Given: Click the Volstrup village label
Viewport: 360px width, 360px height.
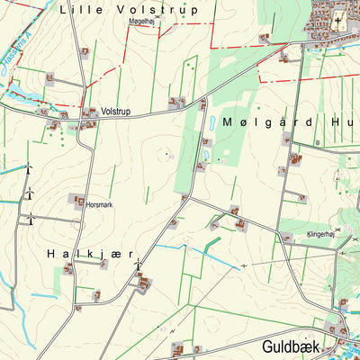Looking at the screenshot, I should coord(116,112).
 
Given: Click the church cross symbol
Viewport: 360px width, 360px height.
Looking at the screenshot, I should coord(339,21).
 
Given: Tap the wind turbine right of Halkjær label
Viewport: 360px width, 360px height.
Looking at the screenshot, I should coord(138,265).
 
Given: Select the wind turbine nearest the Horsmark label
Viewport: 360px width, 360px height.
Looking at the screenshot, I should coord(30,193).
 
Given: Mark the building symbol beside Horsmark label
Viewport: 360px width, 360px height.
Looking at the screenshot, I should coord(78,201).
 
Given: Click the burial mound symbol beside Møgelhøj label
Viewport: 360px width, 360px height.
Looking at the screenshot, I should coord(158,16).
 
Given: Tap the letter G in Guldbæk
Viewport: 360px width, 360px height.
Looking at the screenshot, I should coord(268,346).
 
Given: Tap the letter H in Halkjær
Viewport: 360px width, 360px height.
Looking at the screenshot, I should coord(50,255).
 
